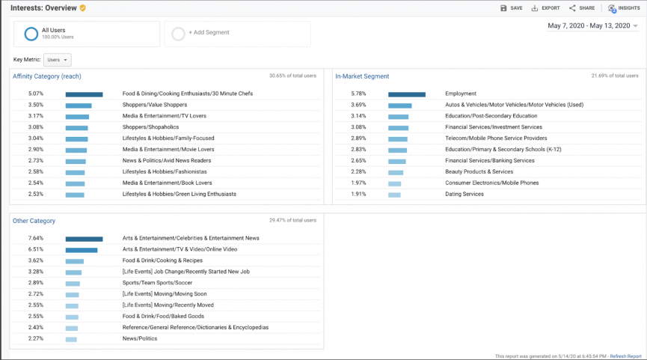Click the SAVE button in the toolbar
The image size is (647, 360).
tap(512, 8)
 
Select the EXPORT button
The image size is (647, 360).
tap(545, 8)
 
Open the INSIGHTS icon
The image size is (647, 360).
tap(623, 8)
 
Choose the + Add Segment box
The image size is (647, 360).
tap(237, 34)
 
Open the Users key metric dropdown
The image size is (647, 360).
tap(57, 60)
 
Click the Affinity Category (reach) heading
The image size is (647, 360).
tap(46, 76)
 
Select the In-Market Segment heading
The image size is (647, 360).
tap(362, 76)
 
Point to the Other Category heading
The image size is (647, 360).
tap(34, 221)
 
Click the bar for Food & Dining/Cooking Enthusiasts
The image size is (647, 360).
tap(84, 94)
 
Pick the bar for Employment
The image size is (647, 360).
tap(406, 94)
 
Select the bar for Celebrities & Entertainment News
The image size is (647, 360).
tap(84, 239)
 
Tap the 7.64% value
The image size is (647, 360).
tap(35, 239)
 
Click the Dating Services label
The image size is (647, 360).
tap(464, 195)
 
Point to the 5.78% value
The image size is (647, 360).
tap(358, 94)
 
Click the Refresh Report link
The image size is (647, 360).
tap(625, 356)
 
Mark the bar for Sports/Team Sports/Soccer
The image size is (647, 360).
tap(73, 284)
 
